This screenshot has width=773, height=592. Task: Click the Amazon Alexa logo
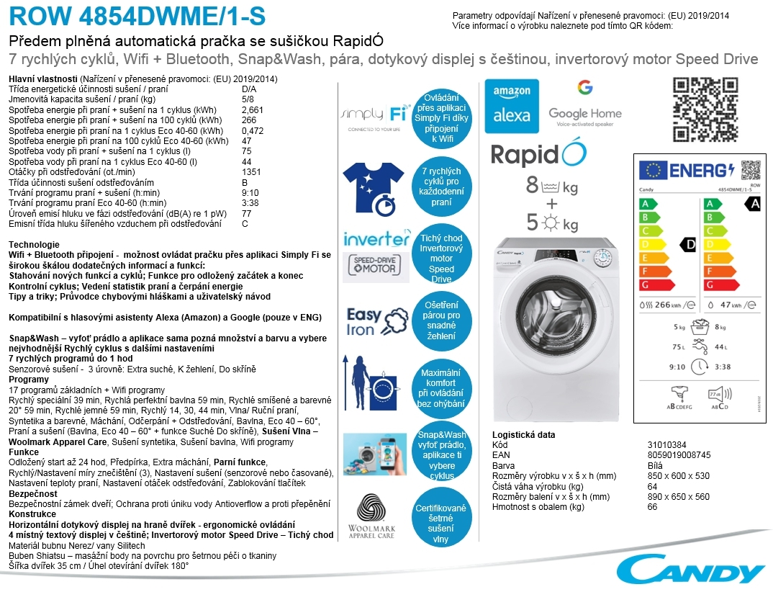[x=512, y=107]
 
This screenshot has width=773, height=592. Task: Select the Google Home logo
[x=584, y=105]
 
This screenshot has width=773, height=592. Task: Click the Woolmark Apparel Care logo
[x=371, y=516]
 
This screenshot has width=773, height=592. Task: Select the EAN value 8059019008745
[x=679, y=455]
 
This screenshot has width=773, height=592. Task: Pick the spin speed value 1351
[x=252, y=172]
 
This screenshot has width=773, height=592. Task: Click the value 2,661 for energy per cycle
[x=253, y=109]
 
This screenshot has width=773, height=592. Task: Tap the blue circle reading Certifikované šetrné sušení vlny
[x=441, y=519]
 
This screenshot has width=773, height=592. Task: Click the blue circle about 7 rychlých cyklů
[x=441, y=187]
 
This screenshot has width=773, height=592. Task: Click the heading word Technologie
[x=35, y=245]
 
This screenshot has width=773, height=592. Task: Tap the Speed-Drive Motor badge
[x=374, y=265]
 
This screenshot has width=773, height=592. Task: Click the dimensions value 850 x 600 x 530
[x=678, y=476]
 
